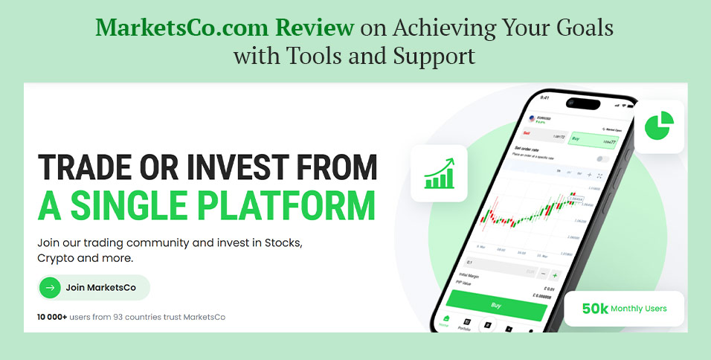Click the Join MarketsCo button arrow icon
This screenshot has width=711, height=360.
(x=50, y=287)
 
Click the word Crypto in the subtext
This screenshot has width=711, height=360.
(x=56, y=258)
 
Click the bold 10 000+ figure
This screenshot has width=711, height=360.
(x=52, y=317)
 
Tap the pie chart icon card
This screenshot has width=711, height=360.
(x=658, y=126)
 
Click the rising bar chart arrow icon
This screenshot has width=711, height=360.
(x=438, y=173)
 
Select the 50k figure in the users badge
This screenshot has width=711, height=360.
(x=595, y=309)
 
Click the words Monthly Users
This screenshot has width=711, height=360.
(x=638, y=309)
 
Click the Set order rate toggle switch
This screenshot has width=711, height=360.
(x=602, y=159)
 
